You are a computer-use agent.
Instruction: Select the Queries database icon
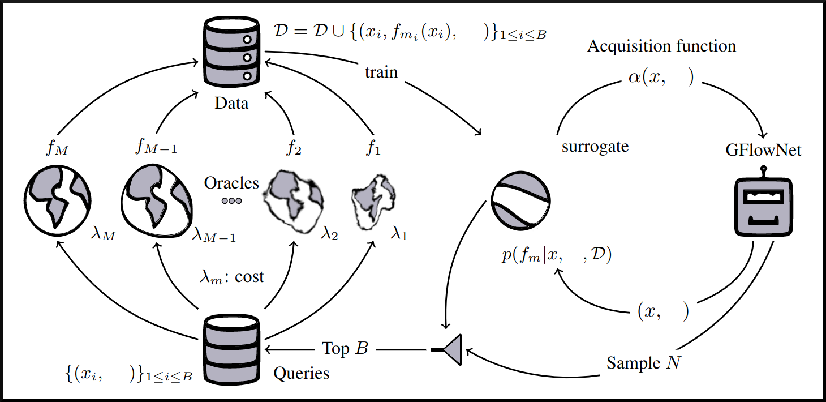click(231, 348)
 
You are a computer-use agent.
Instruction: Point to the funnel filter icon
click(449, 349)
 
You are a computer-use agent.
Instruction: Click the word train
click(381, 72)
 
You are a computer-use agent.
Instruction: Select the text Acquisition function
click(661, 46)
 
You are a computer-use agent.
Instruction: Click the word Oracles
click(231, 183)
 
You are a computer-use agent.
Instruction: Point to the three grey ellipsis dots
click(231, 200)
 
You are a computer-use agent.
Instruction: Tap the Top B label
click(345, 348)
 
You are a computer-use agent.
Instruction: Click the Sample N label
click(644, 362)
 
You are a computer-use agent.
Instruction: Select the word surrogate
click(595, 147)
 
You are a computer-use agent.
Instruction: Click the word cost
click(249, 277)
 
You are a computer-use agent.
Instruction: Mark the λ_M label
click(102, 234)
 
